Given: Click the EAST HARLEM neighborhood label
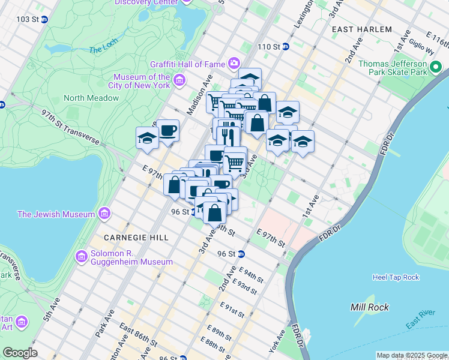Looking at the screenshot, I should click(362, 29).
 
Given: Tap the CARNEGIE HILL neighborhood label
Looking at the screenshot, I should click(137, 238).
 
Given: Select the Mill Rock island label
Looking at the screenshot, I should click(370, 307).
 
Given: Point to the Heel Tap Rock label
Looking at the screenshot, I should click(395, 277).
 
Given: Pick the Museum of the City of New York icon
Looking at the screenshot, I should click(179, 80).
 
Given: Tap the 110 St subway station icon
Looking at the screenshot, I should click(286, 46).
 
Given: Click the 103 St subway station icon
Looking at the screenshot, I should click(44, 19).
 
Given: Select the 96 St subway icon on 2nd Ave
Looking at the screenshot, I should click(241, 254).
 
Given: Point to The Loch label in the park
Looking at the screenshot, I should click(103, 50).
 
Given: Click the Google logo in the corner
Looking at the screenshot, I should click(20, 352).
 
